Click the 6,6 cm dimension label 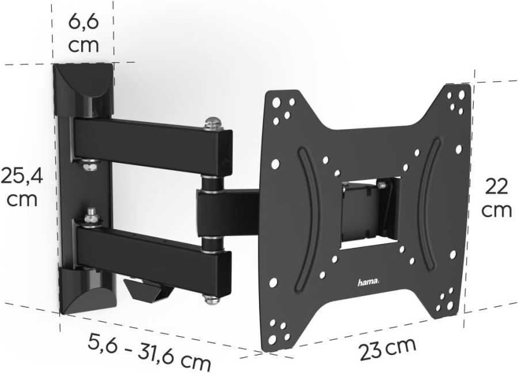[x=83, y=33]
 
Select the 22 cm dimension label [x=496, y=198]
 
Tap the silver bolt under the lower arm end [x=212, y=298]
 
